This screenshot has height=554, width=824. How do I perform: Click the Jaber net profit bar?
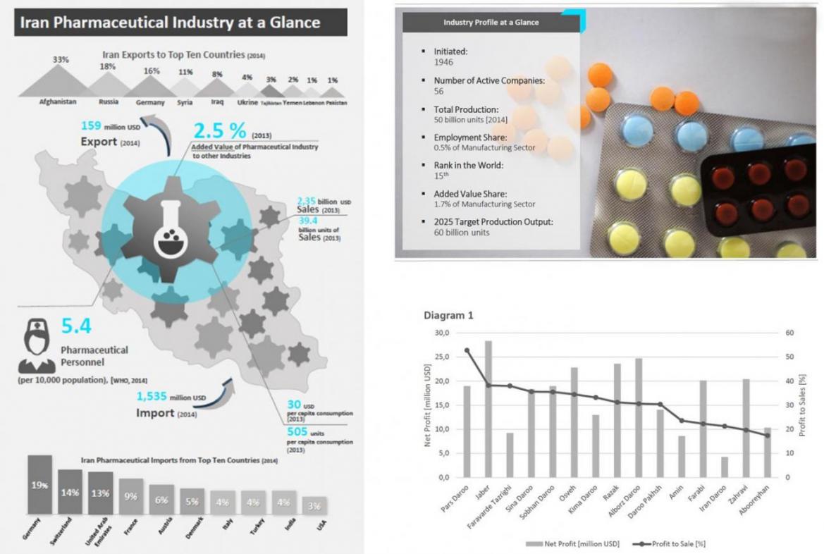[x=488, y=409]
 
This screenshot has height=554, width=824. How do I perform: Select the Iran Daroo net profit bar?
[x=724, y=467]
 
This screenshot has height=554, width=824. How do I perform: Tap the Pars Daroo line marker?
[x=467, y=350]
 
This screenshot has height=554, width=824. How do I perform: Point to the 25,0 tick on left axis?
[x=442, y=357]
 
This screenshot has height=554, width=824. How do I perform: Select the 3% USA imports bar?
[x=314, y=505]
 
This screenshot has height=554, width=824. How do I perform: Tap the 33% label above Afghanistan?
[x=61, y=60]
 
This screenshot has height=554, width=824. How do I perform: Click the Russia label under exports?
[x=108, y=101]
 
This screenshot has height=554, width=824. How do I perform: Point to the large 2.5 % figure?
[x=220, y=131]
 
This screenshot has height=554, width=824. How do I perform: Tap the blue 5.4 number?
[x=75, y=326]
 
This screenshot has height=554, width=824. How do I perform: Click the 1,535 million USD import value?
[x=171, y=396]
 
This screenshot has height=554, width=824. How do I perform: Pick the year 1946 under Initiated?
[x=443, y=62]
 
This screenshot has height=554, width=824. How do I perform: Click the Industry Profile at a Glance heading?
[x=491, y=23]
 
